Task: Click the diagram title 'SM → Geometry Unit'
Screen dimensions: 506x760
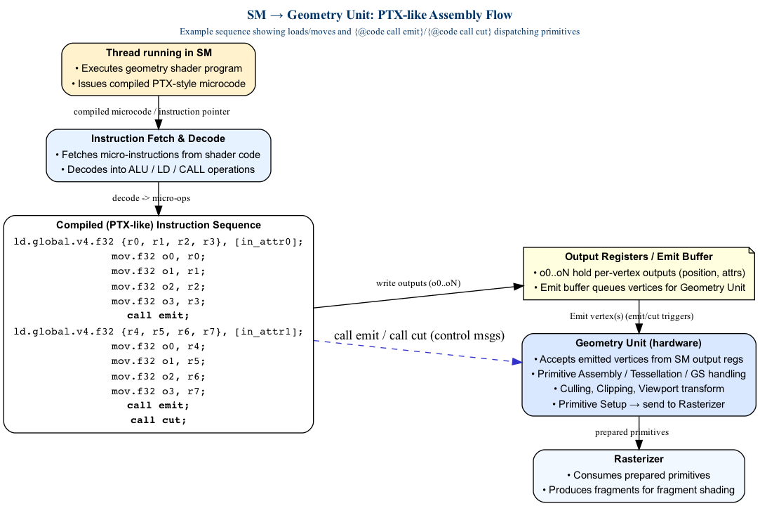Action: click(x=380, y=15)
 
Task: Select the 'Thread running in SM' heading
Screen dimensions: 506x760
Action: click(x=159, y=53)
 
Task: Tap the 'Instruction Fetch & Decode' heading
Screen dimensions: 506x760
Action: click(x=159, y=138)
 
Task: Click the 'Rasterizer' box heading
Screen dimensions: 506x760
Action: click(x=639, y=459)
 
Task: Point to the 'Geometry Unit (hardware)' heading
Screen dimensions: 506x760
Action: click(x=639, y=343)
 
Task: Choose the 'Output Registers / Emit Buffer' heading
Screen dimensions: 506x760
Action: click(x=639, y=257)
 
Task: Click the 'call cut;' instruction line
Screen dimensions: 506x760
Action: click(x=159, y=420)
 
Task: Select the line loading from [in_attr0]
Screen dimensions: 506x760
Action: click(x=159, y=242)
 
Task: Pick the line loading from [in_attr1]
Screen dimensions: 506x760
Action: click(x=159, y=332)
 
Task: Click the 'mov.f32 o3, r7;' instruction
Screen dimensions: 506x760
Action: click(x=159, y=391)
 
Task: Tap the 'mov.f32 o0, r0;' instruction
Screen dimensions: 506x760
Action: click(x=159, y=257)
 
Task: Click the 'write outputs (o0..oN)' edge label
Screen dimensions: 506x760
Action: click(x=418, y=283)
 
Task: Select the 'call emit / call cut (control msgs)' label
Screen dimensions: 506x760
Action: click(x=420, y=335)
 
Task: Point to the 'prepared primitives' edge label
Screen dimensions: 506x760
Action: click(x=632, y=432)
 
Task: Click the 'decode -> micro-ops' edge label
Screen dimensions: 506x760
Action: click(x=151, y=198)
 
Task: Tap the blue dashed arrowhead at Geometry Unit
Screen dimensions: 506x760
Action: click(x=516, y=361)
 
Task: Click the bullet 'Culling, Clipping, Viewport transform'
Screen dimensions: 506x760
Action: click(x=639, y=389)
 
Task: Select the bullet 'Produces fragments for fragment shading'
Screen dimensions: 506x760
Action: click(x=639, y=490)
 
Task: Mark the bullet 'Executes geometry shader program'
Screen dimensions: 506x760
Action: click(x=159, y=68)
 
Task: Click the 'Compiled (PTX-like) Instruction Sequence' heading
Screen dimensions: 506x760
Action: click(x=159, y=225)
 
